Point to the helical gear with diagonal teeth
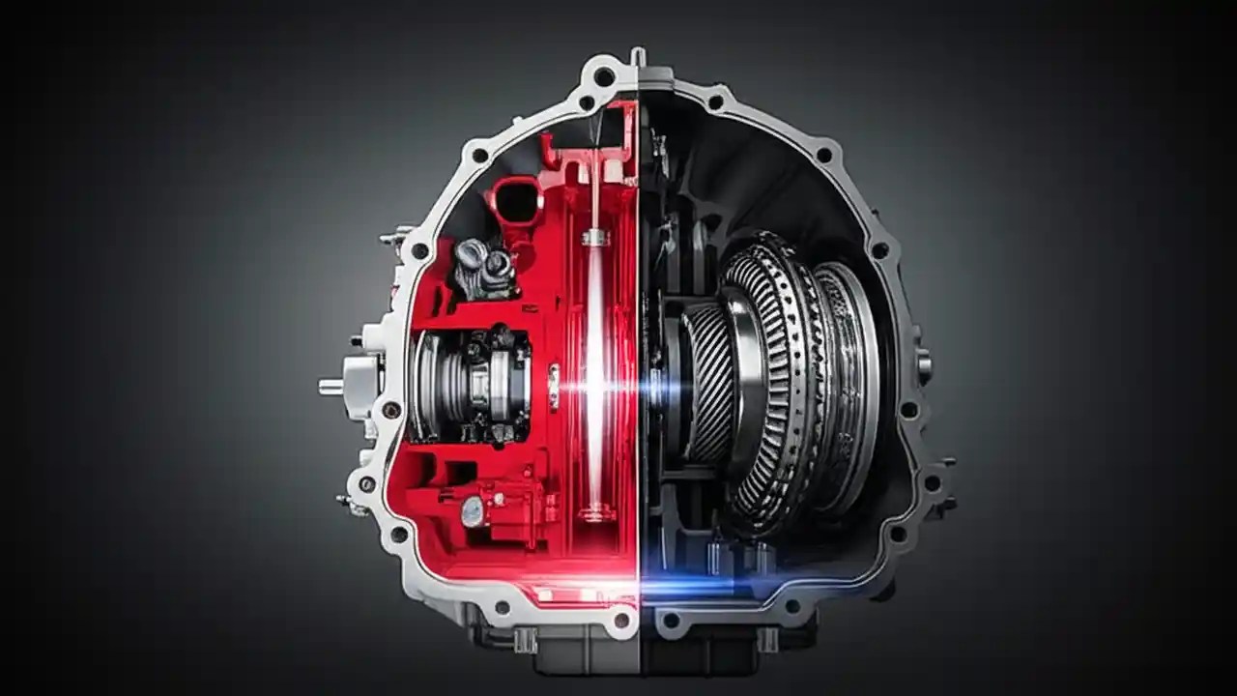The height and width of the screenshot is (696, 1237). tap(707, 383)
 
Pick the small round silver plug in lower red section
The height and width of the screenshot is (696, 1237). tap(472, 510)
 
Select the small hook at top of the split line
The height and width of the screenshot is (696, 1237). tap(637, 56)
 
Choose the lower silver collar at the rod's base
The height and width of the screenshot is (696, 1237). tap(595, 510)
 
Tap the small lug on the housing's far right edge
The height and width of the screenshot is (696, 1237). tap(925, 365)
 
